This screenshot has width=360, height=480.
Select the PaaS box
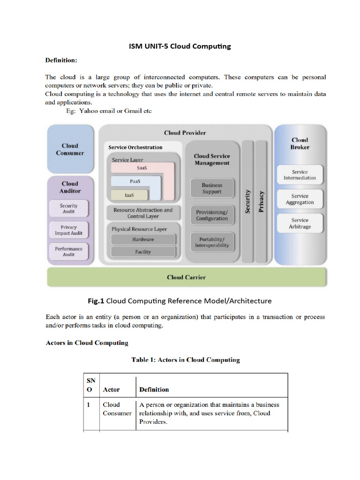(x=135, y=181)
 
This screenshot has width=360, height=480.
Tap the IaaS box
(x=129, y=195)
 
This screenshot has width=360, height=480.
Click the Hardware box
(x=143, y=240)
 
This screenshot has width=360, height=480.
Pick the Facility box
(x=143, y=252)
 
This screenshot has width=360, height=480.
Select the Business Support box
(x=212, y=188)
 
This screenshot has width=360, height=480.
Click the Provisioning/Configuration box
(x=212, y=215)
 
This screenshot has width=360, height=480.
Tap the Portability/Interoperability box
(x=212, y=242)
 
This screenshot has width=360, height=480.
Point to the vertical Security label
(x=247, y=202)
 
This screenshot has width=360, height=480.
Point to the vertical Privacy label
(x=262, y=202)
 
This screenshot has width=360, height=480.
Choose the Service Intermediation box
(x=300, y=175)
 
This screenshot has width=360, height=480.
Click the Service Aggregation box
(x=300, y=199)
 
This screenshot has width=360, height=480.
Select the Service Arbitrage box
(x=300, y=223)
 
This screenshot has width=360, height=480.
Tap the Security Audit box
(x=68, y=209)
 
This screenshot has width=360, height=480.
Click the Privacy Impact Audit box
(x=68, y=230)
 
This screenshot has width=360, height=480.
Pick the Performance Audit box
(x=68, y=252)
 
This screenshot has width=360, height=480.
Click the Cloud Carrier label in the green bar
(x=186, y=277)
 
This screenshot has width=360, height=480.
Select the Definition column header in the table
(x=154, y=390)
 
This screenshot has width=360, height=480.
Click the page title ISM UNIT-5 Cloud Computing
(x=180, y=46)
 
